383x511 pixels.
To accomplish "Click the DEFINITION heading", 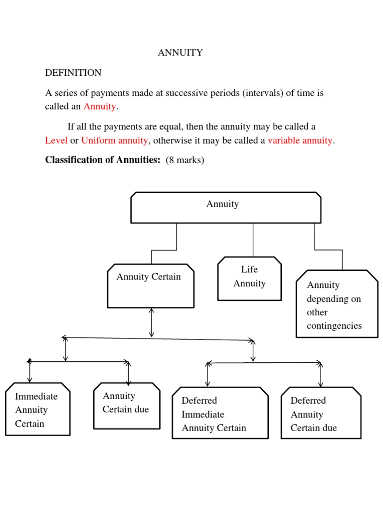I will click(x=73, y=73).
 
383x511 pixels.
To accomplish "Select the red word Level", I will click(x=56, y=140).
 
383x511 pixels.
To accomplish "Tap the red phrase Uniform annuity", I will click(x=114, y=140).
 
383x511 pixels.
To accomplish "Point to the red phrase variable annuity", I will click(x=300, y=140).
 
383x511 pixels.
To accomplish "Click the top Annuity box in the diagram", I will click(x=225, y=207).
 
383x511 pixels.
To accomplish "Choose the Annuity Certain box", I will click(x=151, y=285).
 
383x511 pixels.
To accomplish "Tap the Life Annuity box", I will click(x=249, y=278).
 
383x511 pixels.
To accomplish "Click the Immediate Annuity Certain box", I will click(x=37, y=409).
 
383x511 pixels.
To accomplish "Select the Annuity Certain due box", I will click(x=127, y=405).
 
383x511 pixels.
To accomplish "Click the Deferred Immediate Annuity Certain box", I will click(x=220, y=413).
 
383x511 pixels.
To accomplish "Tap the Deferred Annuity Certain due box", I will click(x=321, y=413).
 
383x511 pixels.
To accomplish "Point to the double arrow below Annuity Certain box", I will click(x=152, y=322).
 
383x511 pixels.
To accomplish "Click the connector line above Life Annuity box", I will click(x=253, y=240).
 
